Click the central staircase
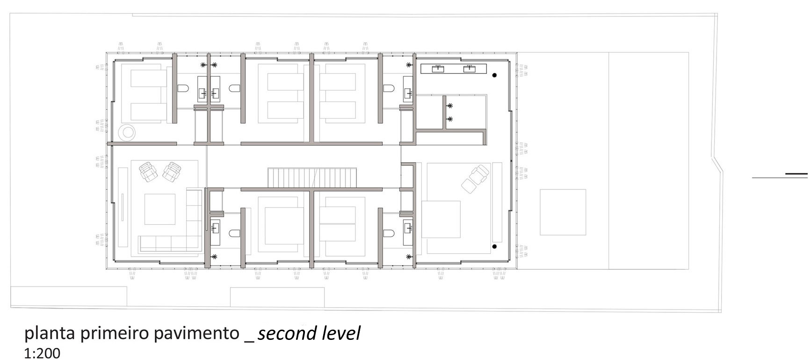[x=312, y=178]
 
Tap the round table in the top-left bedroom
[x=127, y=132]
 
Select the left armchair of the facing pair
[x=149, y=172]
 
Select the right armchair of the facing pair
[x=172, y=172]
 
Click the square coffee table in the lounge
[x=159, y=209]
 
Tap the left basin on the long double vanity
[x=438, y=69]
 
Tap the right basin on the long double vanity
[x=470, y=69]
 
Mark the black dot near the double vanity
[x=494, y=75]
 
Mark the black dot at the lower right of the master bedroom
[x=494, y=246]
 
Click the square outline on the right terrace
[x=563, y=212]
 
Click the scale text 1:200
[x=42, y=353]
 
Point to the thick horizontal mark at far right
[x=797, y=174]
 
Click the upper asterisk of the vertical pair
[x=450, y=106]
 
